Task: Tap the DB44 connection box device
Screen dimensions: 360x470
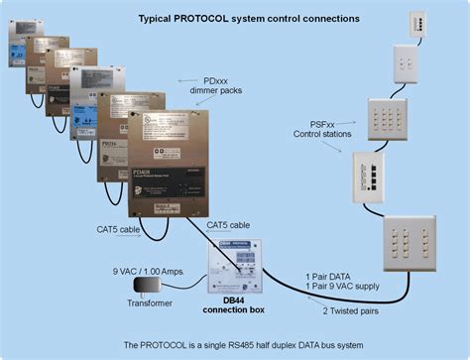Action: pos(233,264)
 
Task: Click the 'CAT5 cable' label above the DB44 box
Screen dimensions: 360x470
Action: pos(229,226)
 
